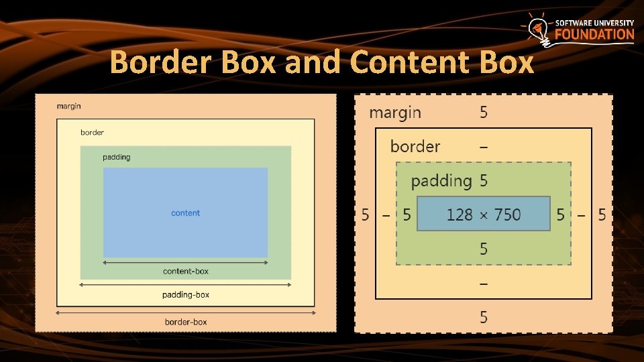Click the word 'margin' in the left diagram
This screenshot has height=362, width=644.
(x=68, y=106)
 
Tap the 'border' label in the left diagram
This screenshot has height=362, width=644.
(x=92, y=132)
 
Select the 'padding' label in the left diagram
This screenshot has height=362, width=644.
(x=116, y=157)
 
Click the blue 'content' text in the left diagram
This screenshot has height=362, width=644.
(x=185, y=213)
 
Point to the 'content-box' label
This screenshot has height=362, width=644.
(x=185, y=271)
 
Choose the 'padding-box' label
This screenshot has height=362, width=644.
(x=185, y=295)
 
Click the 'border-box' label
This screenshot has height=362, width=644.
(x=185, y=322)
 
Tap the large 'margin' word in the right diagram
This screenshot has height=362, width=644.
(x=395, y=113)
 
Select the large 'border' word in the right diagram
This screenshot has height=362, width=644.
(x=415, y=146)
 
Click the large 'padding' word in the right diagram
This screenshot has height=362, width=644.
(x=441, y=181)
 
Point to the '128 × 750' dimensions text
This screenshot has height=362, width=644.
(x=483, y=215)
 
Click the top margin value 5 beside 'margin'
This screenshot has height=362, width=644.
(x=484, y=113)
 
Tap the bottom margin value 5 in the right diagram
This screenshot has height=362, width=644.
(x=484, y=317)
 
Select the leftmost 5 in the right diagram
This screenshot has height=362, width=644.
(x=366, y=215)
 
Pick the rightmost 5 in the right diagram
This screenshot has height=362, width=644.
(x=602, y=215)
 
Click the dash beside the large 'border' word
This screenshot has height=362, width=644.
(x=484, y=147)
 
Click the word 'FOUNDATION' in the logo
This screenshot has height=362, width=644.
(x=594, y=34)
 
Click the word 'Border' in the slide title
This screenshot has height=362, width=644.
(x=156, y=62)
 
